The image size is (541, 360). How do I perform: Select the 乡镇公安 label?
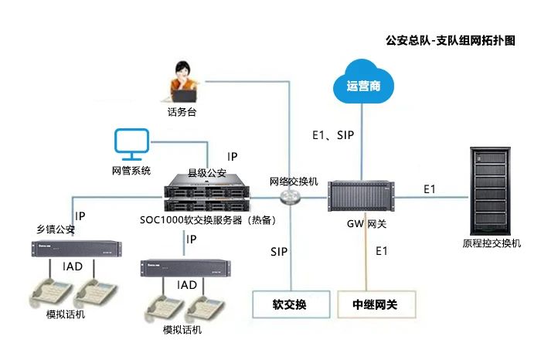coord(56,229)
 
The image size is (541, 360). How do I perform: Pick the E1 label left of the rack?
coord(430,188)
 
